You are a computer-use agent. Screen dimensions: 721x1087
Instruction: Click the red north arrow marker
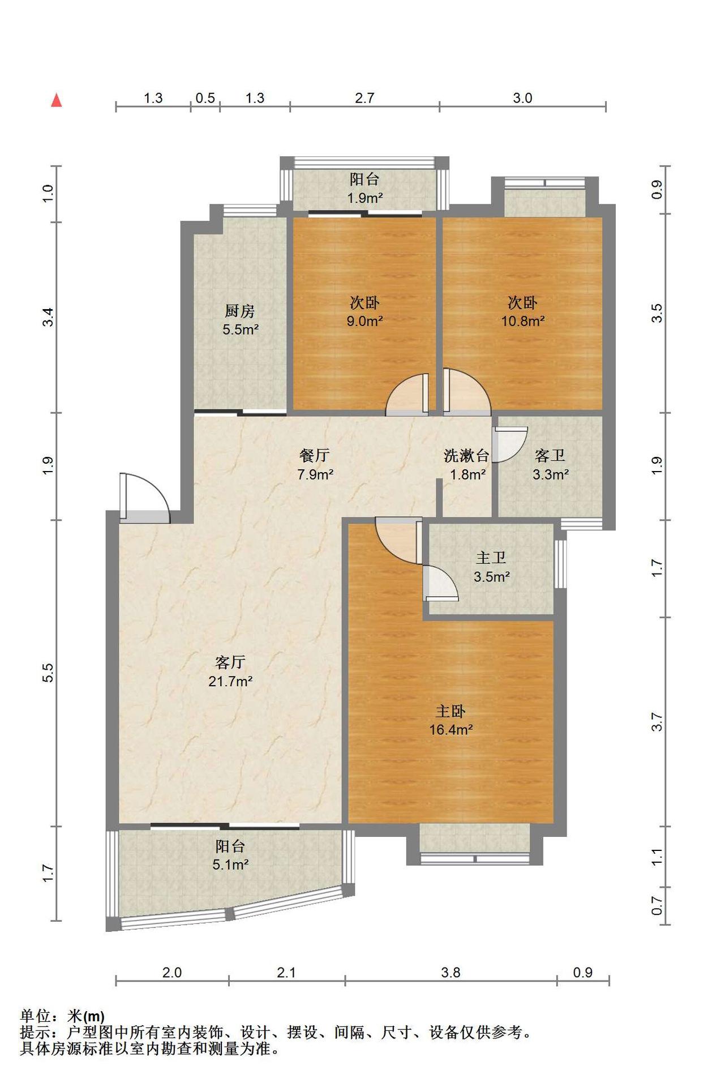56,100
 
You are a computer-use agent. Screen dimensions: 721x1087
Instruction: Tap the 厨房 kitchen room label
240,310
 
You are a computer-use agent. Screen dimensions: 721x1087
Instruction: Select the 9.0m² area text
365,321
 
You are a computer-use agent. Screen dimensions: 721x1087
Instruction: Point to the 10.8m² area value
523,321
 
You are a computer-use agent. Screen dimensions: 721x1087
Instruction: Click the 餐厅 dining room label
314,455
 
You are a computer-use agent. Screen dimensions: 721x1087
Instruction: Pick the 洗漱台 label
466,455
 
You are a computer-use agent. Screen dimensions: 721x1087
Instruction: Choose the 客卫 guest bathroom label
550,455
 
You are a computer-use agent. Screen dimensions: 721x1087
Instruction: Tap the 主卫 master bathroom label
491,558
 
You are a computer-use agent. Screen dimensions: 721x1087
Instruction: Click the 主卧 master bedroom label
450,711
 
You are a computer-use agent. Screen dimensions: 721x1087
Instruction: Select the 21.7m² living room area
230,681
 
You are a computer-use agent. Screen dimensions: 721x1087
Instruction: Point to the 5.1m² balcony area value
230,865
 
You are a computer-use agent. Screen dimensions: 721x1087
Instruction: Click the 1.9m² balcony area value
365,198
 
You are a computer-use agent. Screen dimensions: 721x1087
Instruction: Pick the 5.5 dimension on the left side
48,673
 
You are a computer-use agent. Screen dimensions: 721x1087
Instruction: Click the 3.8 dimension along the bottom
450,973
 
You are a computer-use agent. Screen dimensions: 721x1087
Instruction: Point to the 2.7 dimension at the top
365,98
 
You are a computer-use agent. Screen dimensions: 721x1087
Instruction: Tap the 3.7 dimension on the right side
656,722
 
